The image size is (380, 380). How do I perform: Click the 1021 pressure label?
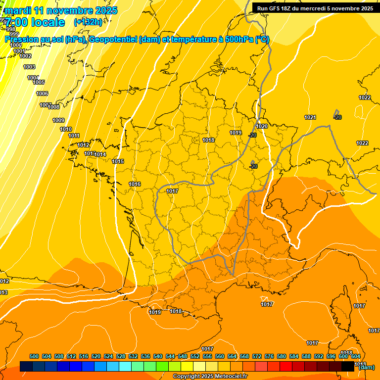click(310, 117)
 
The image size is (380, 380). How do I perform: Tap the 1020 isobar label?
click(262, 127)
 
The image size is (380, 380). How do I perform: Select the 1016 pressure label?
click(135, 184)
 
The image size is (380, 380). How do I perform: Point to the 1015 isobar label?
click(118, 161)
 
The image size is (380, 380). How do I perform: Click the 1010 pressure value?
click(66, 129)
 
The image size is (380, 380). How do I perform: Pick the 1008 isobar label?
click(53, 107)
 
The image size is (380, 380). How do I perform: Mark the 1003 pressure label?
click(29, 67)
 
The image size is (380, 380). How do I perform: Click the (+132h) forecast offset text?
click(88, 22)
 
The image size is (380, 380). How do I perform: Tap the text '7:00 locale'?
click(34, 22)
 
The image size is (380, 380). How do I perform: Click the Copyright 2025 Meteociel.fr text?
click(210, 376)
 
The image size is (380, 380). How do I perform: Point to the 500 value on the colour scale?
click(34, 356)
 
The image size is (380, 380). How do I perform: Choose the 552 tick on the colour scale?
click(195, 356)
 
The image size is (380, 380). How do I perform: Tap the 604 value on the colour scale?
click(356, 356)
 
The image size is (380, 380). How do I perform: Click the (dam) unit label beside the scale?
click(366, 367)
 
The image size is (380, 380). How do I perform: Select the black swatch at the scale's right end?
click(348, 366)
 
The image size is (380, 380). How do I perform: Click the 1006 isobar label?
click(42, 94)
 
